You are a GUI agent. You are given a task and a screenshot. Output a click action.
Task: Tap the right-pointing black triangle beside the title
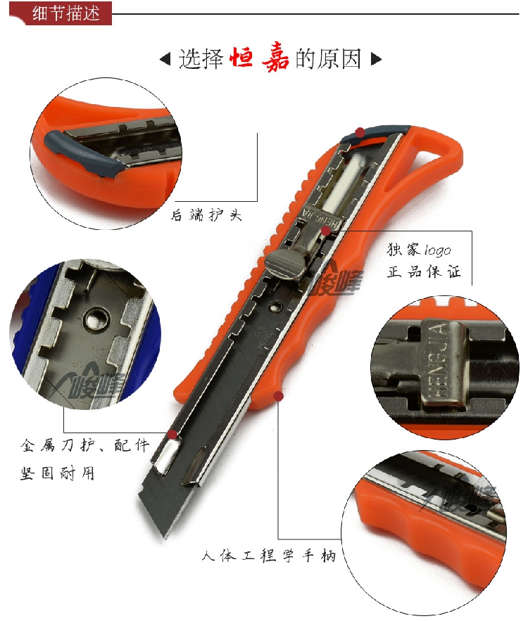pos(376,58)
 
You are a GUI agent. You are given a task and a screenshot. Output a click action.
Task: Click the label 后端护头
pos(207,215)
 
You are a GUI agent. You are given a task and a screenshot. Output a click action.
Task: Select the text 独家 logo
pos(418,250)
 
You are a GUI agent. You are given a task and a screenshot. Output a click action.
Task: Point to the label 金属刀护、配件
pos(85,446)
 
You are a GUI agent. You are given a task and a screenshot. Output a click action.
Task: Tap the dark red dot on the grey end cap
pos(360,132)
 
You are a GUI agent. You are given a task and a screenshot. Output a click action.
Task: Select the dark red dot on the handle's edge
pos(279,397)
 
